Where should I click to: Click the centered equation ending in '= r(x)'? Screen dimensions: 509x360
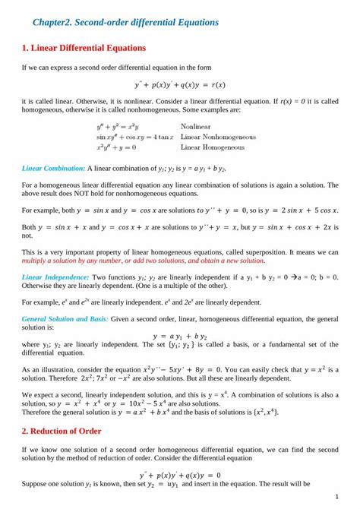coord(179,84)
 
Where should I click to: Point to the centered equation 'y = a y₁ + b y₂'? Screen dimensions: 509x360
coord(180,335)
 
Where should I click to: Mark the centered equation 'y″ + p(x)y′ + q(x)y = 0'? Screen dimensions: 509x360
coord(180,476)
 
